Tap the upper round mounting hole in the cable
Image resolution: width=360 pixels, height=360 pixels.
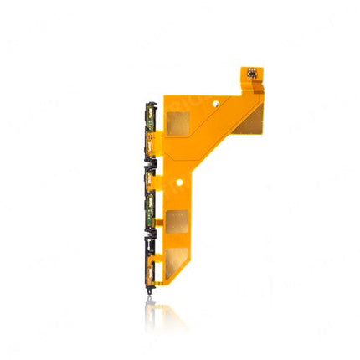216,105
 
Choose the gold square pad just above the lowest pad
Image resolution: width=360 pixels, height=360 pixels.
177,220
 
